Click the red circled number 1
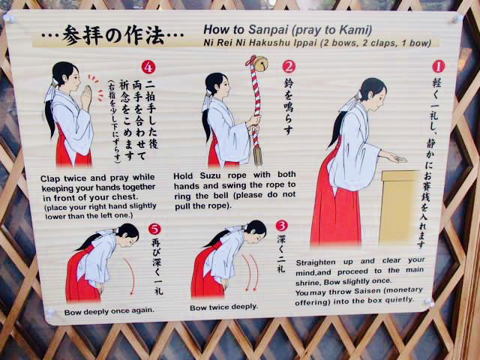[438, 66]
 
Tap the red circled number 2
[289, 67]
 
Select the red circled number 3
[282, 226]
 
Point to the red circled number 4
[148, 67]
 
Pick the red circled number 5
[154, 229]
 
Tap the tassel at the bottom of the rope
[258, 156]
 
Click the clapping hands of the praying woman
[86, 97]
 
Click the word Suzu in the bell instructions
[209, 175]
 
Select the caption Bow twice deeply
[223, 307]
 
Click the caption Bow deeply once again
[109, 311]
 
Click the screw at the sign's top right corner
[457, 18]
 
